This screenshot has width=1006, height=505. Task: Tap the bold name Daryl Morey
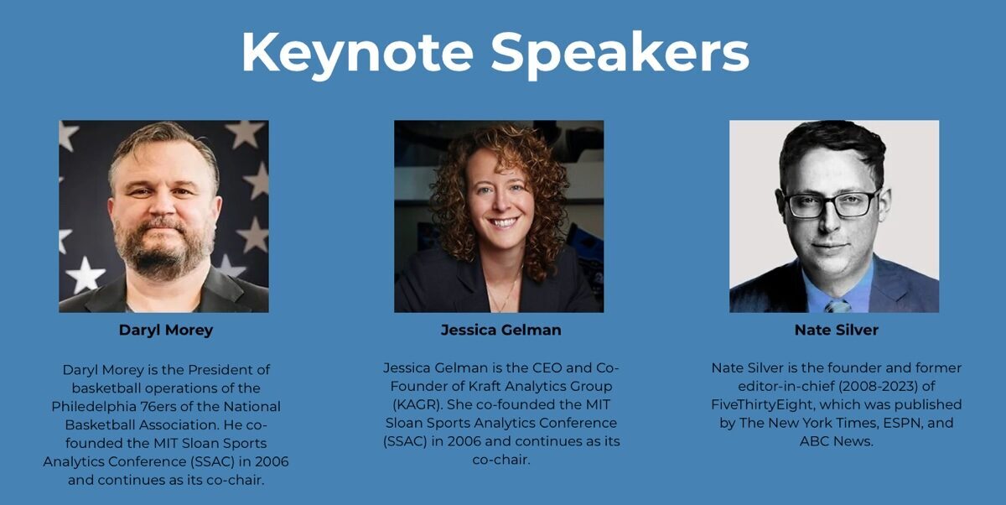click(166, 331)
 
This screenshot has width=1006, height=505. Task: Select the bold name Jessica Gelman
click(500, 331)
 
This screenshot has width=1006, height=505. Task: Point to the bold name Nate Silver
click(837, 331)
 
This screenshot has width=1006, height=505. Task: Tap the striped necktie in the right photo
click(838, 306)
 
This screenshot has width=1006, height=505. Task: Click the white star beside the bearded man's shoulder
click(86, 275)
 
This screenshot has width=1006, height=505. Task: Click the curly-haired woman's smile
click(502, 222)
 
